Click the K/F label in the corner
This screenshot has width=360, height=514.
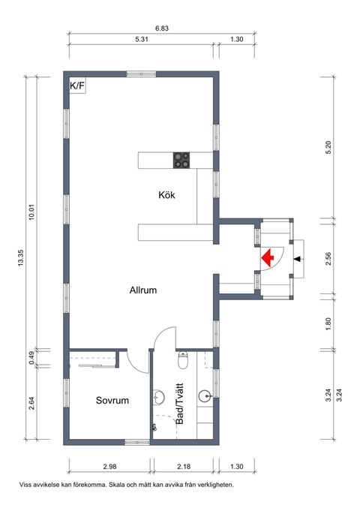[77, 86]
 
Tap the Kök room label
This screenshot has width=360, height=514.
[166, 194]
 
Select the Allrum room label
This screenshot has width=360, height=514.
[142, 290]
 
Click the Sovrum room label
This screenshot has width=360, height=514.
[112, 401]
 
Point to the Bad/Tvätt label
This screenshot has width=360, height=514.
[179, 407]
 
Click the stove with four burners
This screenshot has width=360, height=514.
[182, 159]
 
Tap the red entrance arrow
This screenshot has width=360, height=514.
[268, 258]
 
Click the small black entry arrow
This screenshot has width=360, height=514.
[298, 259]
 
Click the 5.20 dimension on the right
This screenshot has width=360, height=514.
[328, 148]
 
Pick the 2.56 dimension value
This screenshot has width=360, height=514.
[328, 259]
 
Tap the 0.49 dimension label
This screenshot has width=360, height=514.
[31, 359]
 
